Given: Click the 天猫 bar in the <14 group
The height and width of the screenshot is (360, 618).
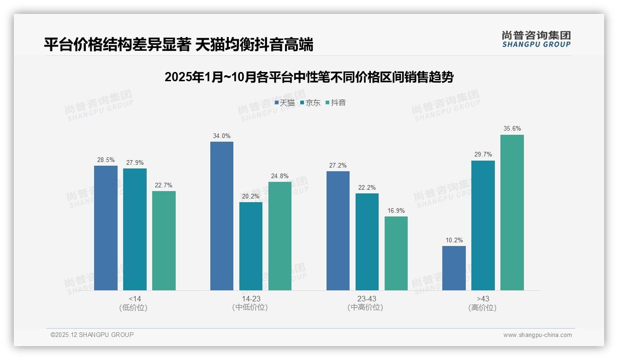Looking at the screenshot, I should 106,228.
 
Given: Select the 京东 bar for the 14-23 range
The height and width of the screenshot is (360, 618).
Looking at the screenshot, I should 251,246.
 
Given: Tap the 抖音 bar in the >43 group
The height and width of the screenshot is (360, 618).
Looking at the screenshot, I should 512,212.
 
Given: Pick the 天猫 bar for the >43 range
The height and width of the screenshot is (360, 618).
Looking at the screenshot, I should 454,268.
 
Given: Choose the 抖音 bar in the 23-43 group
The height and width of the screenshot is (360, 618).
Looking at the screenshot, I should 396,253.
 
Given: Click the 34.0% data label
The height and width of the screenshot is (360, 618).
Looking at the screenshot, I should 222,136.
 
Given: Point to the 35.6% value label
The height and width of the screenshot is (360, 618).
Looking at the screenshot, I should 512,129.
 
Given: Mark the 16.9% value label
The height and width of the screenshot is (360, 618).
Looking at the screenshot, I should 396,211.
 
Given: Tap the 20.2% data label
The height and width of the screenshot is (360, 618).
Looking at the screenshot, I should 251,197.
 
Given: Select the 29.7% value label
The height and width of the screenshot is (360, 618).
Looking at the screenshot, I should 483,155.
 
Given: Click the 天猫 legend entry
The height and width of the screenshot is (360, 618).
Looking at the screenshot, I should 285,103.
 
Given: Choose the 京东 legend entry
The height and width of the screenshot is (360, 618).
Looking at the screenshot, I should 310,103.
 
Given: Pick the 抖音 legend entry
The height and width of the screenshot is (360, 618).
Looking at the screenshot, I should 335,103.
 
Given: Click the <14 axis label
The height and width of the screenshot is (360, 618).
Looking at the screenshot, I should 135,299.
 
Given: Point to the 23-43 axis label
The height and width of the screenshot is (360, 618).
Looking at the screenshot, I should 367,299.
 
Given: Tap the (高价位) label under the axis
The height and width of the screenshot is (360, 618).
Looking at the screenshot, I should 482,307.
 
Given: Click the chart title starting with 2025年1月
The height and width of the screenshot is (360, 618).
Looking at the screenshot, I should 309,77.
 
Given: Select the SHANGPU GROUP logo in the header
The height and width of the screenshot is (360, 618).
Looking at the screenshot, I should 536,39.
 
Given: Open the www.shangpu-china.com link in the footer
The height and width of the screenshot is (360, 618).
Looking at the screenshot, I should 537,335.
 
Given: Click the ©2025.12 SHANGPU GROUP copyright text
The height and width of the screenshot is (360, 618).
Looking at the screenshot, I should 92,335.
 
